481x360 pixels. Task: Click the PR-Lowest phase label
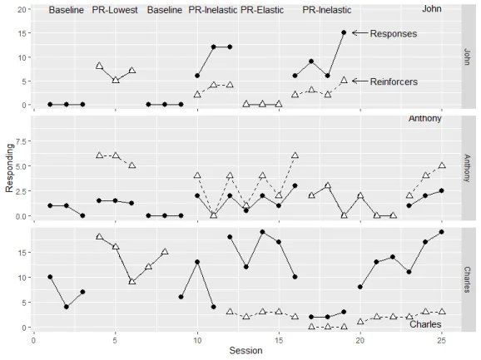click(115, 10)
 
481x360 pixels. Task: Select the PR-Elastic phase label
click(263, 10)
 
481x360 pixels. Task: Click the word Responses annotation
click(393, 33)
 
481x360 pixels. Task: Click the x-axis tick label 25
click(442, 339)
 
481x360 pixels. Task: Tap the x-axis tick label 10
click(197, 339)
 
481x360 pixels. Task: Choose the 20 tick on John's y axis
click(22, 9)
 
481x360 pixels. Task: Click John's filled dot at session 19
click(344, 32)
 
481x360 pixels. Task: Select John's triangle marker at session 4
click(99, 66)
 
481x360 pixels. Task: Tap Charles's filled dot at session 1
click(50, 277)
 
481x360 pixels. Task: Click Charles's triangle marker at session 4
click(99, 237)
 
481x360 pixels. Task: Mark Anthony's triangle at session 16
click(295, 155)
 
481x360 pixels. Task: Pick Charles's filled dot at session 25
click(441, 232)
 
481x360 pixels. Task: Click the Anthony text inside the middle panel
click(425, 119)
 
